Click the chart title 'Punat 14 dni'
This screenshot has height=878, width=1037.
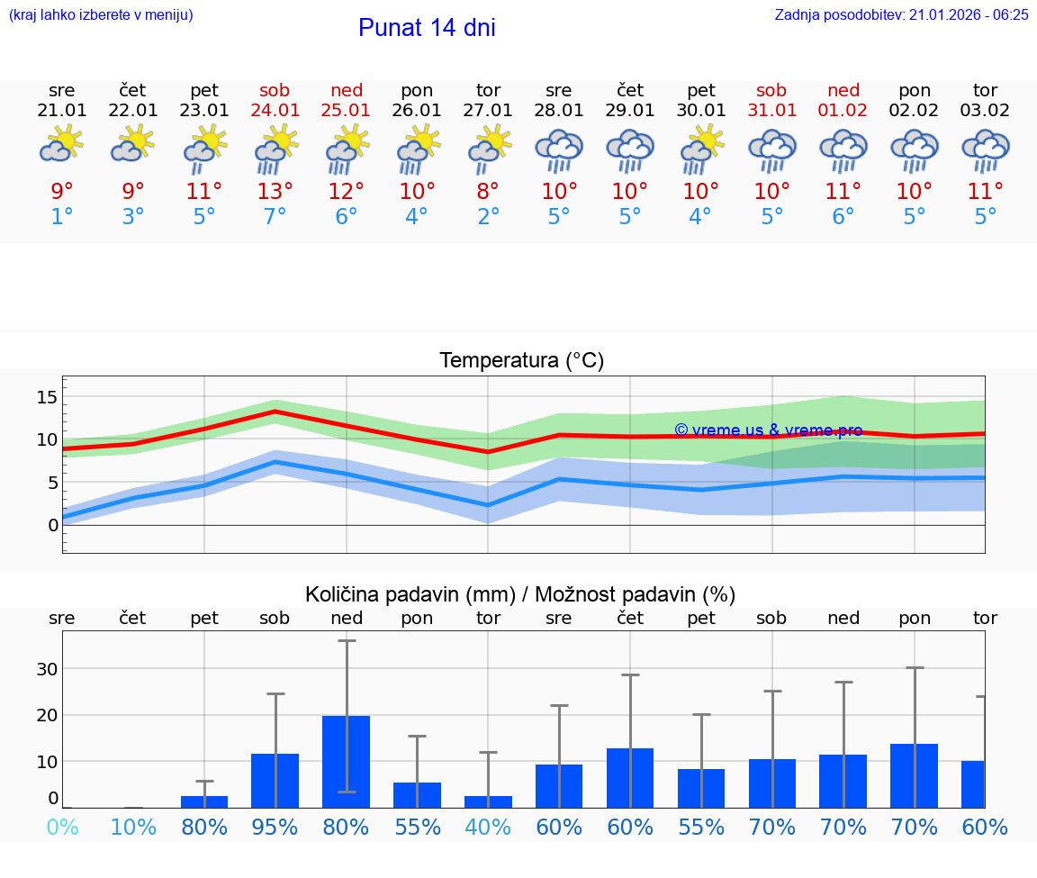pyautogui.click(x=427, y=28)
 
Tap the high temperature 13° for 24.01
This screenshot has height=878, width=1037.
pyautogui.click(x=275, y=191)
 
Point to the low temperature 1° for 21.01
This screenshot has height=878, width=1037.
pyautogui.click(x=61, y=217)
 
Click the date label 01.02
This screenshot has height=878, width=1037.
pyautogui.click(x=843, y=111)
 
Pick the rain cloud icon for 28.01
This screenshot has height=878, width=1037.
pyautogui.click(x=558, y=150)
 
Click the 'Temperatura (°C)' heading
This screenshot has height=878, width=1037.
pyautogui.click(x=521, y=361)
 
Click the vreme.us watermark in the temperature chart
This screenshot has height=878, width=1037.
pyautogui.click(x=768, y=430)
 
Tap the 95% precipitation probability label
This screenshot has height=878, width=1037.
pyautogui.click(x=275, y=828)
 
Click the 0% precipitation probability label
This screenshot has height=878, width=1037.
pyautogui.click(x=61, y=828)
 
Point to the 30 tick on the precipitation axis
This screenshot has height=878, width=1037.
pyautogui.click(x=47, y=669)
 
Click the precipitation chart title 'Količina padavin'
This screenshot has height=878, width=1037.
pyautogui.click(x=520, y=594)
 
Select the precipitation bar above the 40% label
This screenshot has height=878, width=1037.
pyautogui.click(x=488, y=801)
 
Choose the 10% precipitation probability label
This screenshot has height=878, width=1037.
pyautogui.click(x=133, y=828)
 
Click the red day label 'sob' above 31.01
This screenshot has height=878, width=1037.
pyautogui.click(x=771, y=90)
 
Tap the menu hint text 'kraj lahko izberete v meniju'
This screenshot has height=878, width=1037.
pyautogui.click(x=100, y=14)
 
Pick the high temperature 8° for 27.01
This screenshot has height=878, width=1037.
pyautogui.click(x=488, y=191)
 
